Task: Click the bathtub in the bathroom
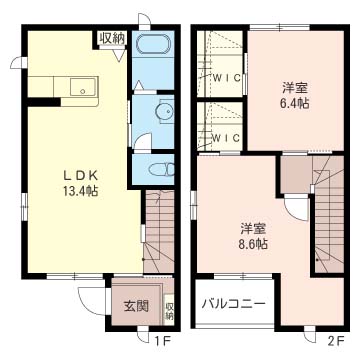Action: [154, 43]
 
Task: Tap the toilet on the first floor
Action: [162, 169]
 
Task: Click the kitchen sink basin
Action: [84, 87]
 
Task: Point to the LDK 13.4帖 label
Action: [81, 183]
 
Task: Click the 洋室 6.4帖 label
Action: [295, 96]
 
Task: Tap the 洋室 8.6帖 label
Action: [253, 237]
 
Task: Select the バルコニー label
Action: [234, 304]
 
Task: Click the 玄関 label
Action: [136, 305]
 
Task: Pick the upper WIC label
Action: [227, 78]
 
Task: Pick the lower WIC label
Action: [227, 138]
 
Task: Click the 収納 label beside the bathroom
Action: [112, 38]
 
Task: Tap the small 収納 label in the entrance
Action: [169, 310]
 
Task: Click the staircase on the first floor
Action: [159, 231]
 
